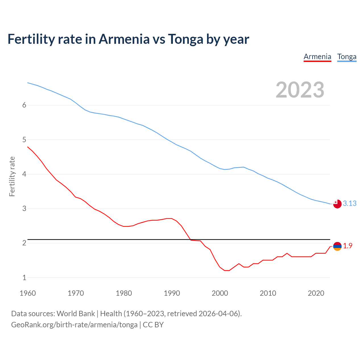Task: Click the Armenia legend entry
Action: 317,57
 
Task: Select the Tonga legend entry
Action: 347,57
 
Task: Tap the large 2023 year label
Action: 300,90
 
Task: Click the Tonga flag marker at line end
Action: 337,204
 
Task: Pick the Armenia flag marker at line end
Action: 337,246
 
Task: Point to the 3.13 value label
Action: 349,203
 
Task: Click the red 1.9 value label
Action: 348,246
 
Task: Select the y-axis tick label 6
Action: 24,105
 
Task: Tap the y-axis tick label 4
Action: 24,174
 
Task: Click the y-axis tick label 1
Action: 24,278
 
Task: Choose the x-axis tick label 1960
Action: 28,293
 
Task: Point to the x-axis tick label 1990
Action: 172,293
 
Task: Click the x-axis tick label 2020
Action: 316,293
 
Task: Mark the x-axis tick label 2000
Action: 220,293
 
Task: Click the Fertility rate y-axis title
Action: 12,176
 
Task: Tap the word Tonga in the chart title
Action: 185,39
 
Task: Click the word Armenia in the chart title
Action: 124,39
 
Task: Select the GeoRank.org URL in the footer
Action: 74,325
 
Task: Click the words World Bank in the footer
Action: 76,314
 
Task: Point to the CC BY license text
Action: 153,325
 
